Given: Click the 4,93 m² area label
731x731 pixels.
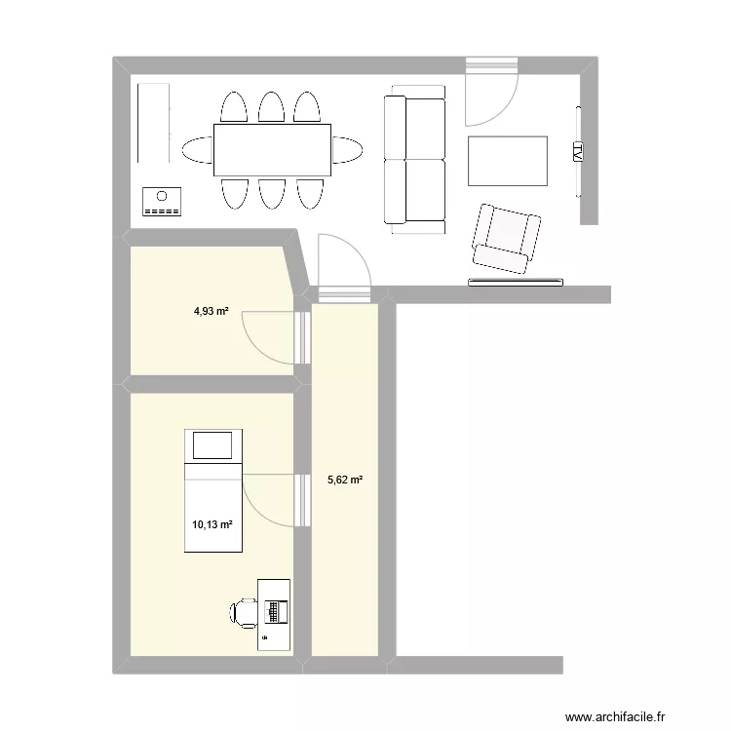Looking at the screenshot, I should (x=211, y=312).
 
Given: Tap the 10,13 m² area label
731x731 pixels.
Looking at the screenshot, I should (x=212, y=524).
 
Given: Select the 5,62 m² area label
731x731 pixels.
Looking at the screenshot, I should (x=346, y=480).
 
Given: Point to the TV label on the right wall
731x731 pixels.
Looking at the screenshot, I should (x=578, y=151).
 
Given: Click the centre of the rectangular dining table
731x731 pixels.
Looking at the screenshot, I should (x=273, y=150).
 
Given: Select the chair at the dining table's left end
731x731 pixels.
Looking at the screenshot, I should (x=196, y=150).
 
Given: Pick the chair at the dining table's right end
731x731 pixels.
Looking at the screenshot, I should (x=348, y=150).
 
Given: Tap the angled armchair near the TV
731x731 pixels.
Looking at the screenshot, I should (x=506, y=239).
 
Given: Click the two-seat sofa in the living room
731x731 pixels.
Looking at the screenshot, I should (x=414, y=161).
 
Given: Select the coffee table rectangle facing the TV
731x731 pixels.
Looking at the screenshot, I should (x=508, y=161).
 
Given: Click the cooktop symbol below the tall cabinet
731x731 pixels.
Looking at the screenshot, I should (x=162, y=201).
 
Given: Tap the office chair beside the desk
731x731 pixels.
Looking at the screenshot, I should (x=243, y=612).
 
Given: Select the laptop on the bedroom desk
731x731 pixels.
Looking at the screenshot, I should (x=276, y=611).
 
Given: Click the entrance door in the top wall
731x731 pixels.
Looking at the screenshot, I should (x=489, y=93).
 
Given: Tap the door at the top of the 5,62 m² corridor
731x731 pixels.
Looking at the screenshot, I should (x=343, y=263).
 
